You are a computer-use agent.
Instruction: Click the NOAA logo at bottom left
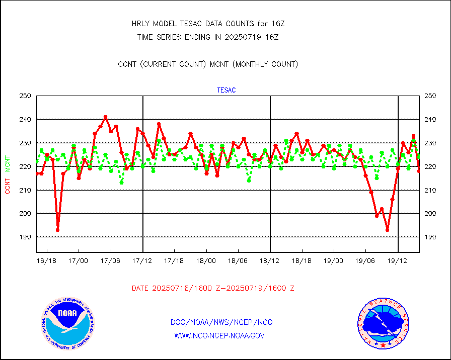[x=67, y=323]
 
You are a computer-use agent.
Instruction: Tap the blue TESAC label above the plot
[x=226, y=91]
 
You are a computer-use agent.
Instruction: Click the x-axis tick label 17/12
[x=142, y=261]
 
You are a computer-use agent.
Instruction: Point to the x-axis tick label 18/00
[x=206, y=261]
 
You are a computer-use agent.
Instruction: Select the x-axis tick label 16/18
[x=47, y=261]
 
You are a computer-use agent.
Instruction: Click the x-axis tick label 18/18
[x=302, y=261]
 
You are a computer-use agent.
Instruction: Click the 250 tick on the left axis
[x=25, y=96]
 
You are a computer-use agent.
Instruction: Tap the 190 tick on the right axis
[x=431, y=237]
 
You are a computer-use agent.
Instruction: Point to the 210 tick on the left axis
[x=25, y=190]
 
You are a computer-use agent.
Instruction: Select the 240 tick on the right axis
[x=431, y=120]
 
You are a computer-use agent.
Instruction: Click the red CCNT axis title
[x=8, y=186]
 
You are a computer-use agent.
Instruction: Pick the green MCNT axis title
[x=8, y=163]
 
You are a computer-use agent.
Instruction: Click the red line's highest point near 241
[x=105, y=117]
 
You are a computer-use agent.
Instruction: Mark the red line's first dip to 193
[x=58, y=230]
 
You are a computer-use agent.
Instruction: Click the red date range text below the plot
[x=213, y=289]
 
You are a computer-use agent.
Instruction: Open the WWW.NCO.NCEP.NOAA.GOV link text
[x=219, y=335]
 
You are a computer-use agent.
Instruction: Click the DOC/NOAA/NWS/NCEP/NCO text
[x=221, y=322]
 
